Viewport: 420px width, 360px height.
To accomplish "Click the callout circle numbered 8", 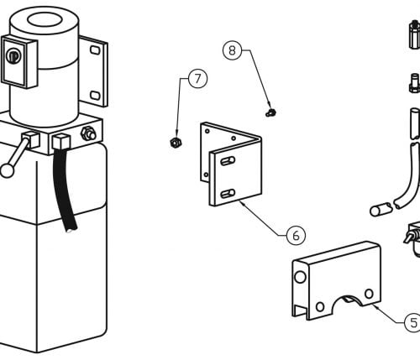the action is (x=232, y=50).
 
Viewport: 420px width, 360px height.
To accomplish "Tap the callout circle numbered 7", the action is (x=198, y=79).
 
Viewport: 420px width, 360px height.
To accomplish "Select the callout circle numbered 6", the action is (x=296, y=236).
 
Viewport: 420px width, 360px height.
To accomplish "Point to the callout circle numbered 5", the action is (x=413, y=323).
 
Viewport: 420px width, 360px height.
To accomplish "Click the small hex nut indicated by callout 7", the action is (x=176, y=143).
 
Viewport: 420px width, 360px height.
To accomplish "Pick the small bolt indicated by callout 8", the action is (x=270, y=112).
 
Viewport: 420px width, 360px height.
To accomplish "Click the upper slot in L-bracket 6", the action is (x=228, y=161).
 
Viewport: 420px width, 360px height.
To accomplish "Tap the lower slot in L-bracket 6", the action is (x=228, y=194).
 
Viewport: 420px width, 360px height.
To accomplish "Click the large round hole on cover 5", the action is (x=300, y=277).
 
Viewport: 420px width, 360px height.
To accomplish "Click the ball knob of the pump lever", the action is (x=7, y=170).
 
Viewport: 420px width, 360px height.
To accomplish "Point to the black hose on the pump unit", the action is (x=65, y=190).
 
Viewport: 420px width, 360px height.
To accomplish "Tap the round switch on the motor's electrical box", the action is (x=13, y=56).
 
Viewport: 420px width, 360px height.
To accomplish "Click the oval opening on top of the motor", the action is (x=45, y=20).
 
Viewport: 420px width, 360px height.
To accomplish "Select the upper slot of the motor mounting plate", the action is (x=95, y=50).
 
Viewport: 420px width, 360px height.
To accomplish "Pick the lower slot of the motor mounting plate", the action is (x=95, y=96).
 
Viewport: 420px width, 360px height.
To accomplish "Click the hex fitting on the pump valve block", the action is (x=88, y=133).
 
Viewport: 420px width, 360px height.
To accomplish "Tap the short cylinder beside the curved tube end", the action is (x=381, y=210).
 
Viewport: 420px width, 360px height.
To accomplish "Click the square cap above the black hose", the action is (x=60, y=141).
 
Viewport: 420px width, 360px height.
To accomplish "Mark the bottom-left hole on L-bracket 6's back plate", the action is (x=206, y=175).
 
